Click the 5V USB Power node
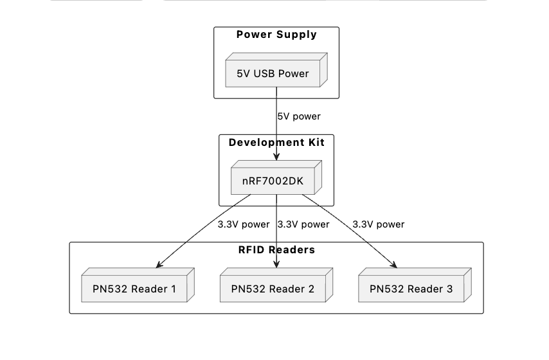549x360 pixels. click(x=273, y=73)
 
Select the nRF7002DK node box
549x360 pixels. click(x=273, y=181)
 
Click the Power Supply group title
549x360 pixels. click(x=276, y=35)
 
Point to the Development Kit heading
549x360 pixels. click(x=276, y=142)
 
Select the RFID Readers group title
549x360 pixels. click(x=276, y=250)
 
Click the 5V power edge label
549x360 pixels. click(x=299, y=117)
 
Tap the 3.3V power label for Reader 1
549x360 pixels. click(x=244, y=224)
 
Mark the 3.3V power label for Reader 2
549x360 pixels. click(x=303, y=224)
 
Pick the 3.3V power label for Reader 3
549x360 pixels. click(x=379, y=224)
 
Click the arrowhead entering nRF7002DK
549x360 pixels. click(x=276, y=158)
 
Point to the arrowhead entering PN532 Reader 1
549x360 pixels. click(x=158, y=265)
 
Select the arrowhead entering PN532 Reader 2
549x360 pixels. click(x=276, y=265)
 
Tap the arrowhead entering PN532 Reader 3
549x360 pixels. click(x=394, y=265)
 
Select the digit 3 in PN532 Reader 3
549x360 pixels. click(x=449, y=289)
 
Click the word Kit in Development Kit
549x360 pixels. click(x=314, y=142)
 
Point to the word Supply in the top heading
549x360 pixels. click(x=297, y=35)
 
